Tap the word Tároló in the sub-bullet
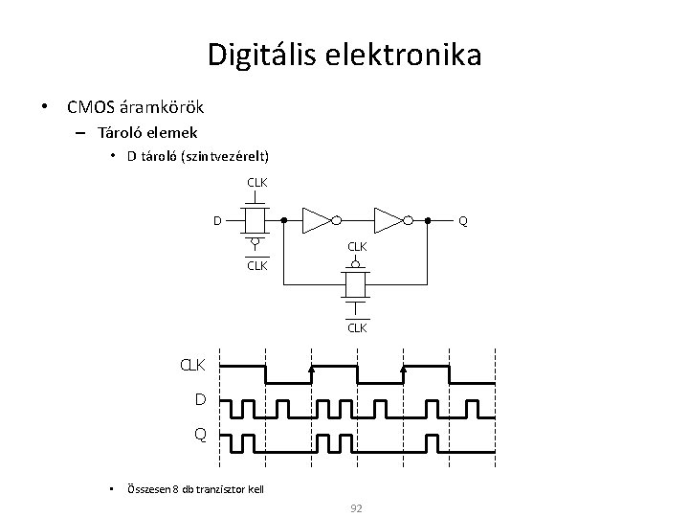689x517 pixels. [x=120, y=132]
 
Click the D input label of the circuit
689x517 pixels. [x=217, y=221]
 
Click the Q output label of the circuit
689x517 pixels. [x=463, y=221]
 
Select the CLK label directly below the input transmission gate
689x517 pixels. [x=256, y=265]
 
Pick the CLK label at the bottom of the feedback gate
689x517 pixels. [x=357, y=327]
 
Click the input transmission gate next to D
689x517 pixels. [x=256, y=221]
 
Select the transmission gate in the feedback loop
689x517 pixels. [x=357, y=283]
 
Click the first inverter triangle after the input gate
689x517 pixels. [x=315, y=221]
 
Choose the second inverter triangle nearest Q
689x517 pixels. [x=388, y=221]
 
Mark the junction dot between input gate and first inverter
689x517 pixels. [x=284, y=221]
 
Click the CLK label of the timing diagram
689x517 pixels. [x=194, y=366]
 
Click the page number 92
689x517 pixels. [x=356, y=507]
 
